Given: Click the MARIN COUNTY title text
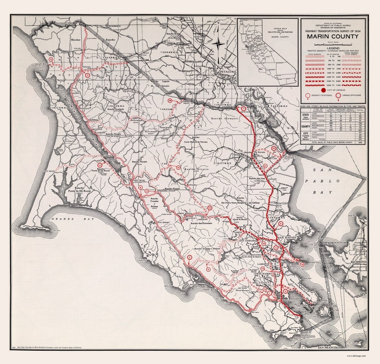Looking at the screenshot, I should tap(333, 36).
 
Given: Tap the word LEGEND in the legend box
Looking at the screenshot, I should tap(333, 49).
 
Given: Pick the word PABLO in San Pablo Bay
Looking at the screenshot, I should tap(331, 181).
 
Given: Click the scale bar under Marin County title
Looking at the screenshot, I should tap(333, 44).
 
